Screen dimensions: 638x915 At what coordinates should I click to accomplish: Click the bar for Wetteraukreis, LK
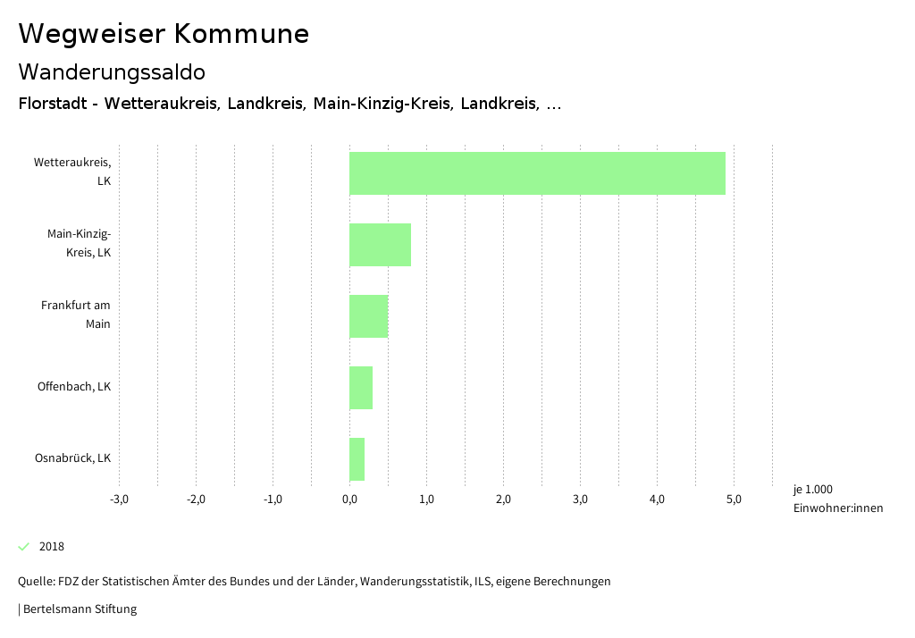537,173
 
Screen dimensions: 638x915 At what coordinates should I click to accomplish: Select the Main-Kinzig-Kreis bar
380,245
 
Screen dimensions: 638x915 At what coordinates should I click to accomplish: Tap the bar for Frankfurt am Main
368,316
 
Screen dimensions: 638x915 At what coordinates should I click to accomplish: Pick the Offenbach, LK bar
361,388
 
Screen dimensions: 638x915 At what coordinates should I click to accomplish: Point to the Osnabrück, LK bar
357,459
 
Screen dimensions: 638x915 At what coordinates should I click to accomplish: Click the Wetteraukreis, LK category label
72,172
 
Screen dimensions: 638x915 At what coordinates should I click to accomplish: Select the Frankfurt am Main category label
76,315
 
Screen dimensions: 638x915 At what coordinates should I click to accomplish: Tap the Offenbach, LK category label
74,387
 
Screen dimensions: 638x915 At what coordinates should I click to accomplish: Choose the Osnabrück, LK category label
72,458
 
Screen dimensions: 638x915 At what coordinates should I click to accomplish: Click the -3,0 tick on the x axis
119,499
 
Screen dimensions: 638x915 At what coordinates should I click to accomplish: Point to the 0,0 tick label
349,499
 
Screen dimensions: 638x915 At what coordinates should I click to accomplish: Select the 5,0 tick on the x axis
734,499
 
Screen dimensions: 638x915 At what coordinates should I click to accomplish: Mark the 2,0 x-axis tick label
503,499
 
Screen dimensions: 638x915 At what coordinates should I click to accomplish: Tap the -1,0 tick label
273,499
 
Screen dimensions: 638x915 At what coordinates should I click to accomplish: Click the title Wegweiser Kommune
164,34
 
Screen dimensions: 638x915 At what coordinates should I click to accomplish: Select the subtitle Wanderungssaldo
112,71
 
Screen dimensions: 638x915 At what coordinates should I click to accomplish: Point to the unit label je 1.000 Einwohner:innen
837,499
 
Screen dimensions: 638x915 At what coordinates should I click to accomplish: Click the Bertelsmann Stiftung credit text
79,609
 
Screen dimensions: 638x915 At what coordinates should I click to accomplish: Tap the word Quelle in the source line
35,582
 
